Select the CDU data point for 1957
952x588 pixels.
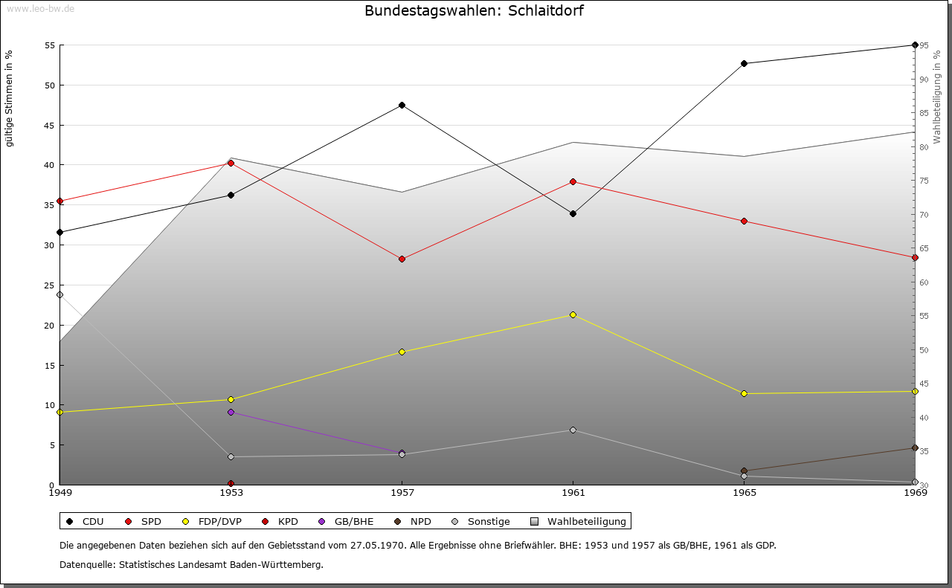coord(402,105)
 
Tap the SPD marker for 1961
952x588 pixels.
coord(573,181)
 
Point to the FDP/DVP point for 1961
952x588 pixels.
coord(573,314)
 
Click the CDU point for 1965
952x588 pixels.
coord(744,63)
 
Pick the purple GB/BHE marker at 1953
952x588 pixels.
coord(231,412)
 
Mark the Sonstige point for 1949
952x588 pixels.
coord(59,294)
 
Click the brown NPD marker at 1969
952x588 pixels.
coord(915,448)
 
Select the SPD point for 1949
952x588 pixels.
coord(59,201)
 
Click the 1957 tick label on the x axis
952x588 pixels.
coord(402,492)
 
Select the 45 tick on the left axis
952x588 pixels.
coord(49,125)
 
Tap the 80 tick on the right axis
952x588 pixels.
coord(924,147)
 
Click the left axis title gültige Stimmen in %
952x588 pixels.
coord(9,98)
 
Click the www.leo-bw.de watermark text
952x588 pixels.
coord(40,8)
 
